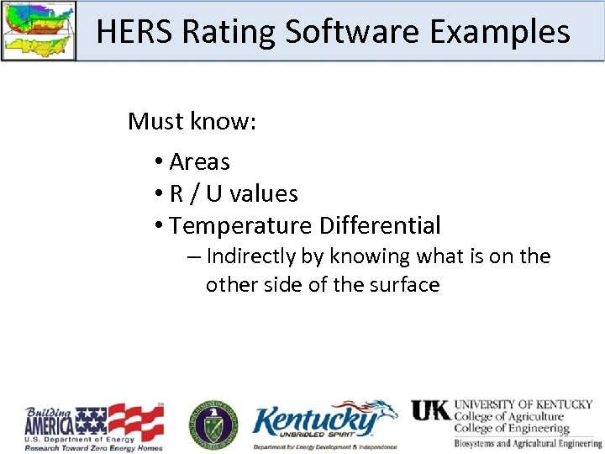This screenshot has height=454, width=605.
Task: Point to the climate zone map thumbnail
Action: [38, 30]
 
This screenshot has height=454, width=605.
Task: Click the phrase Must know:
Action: [192, 121]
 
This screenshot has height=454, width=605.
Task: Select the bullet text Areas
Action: [199, 161]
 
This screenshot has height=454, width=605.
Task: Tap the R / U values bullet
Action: [233, 193]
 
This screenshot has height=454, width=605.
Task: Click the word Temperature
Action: [240, 225]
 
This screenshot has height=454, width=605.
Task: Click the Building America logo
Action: [93, 426]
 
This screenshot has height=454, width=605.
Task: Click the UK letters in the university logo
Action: [430, 410]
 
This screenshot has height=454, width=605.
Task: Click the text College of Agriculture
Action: [508, 416]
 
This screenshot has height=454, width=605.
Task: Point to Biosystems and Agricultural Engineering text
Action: [528, 443]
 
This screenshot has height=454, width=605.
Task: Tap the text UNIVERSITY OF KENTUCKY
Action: [523, 404]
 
